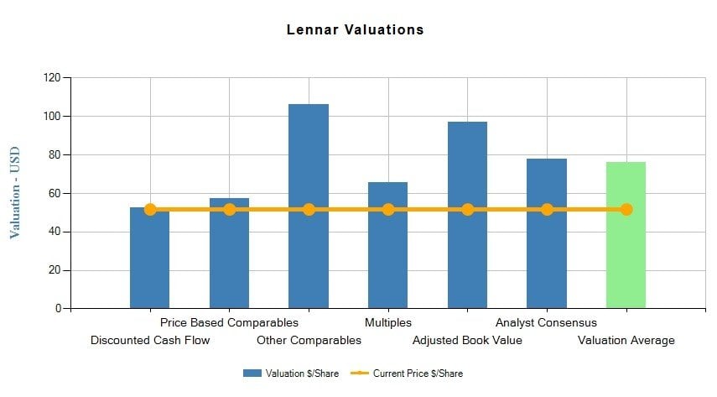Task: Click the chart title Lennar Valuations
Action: (x=355, y=29)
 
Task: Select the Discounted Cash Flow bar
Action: (x=150, y=260)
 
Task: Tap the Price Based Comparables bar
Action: (x=229, y=256)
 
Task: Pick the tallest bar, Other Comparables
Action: (x=309, y=168)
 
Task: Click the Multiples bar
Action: (x=387, y=252)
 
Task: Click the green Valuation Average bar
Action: (x=626, y=260)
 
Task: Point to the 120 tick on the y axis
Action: (x=52, y=78)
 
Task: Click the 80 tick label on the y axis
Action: (x=55, y=155)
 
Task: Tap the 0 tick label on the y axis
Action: (x=58, y=309)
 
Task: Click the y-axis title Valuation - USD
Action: (x=15, y=193)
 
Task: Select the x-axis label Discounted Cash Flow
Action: (x=150, y=341)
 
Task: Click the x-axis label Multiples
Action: (x=388, y=322)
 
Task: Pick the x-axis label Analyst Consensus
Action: (x=546, y=322)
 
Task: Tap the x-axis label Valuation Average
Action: (x=626, y=341)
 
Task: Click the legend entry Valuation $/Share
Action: (x=291, y=373)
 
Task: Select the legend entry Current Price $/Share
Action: (x=407, y=373)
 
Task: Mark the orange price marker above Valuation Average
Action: (x=626, y=209)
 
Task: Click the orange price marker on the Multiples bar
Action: (x=388, y=209)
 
